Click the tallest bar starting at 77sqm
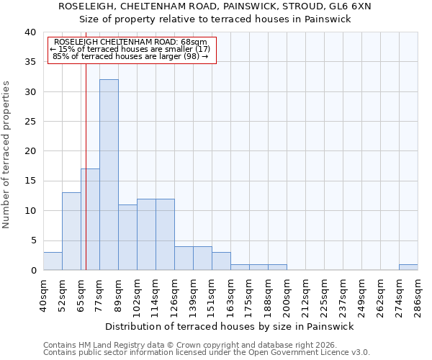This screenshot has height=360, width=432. click(109, 175)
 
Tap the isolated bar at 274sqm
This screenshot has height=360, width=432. click(408, 267)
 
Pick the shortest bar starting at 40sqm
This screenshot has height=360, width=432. click(53, 261)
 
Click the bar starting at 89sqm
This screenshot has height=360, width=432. click(127, 238)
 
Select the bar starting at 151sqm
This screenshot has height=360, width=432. click(221, 261)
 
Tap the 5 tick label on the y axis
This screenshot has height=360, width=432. click(32, 240)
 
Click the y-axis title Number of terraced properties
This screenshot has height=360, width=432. click(6, 155)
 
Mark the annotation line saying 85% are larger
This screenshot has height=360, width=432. click(131, 56)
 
